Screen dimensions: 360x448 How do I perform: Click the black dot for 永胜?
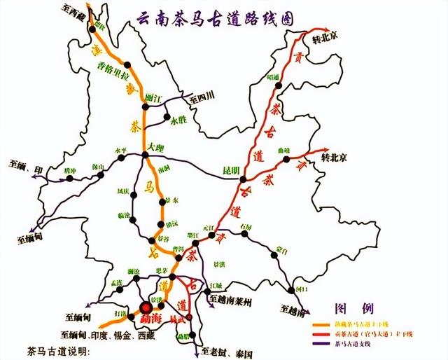coord(166,117)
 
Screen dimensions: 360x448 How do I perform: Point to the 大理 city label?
coord(156,148)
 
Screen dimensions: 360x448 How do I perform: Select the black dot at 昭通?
coord(279,85)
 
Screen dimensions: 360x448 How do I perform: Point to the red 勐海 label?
coord(148,320)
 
